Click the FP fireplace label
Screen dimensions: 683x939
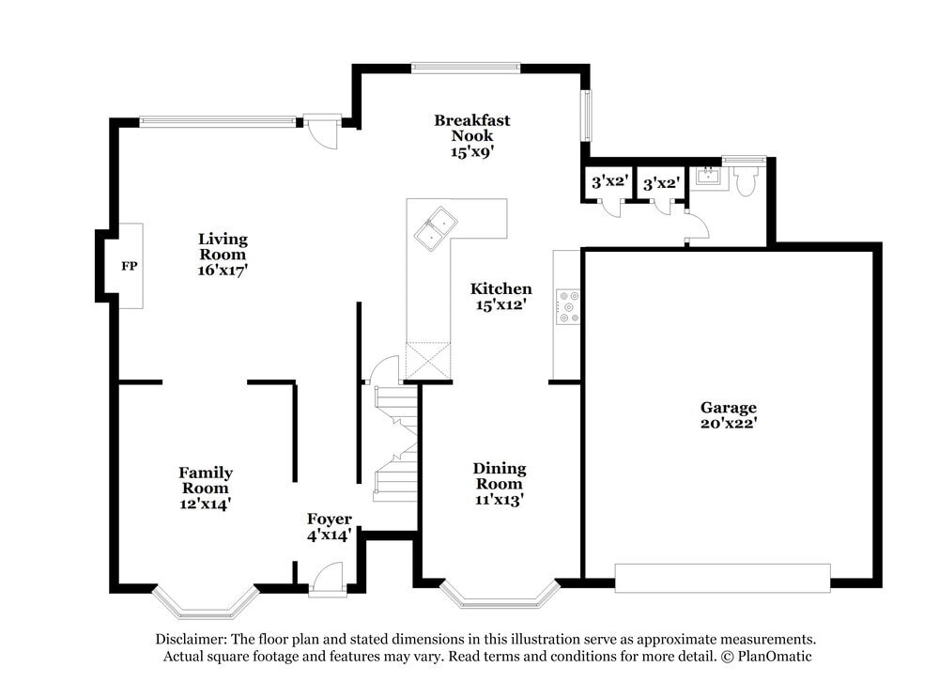tap(129, 267)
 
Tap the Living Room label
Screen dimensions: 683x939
tap(222, 246)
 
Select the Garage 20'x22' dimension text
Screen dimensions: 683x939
tap(729, 424)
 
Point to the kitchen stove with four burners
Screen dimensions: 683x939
tap(568, 306)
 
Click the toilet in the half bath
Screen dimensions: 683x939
tap(747, 180)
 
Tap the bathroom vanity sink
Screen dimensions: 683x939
tap(708, 176)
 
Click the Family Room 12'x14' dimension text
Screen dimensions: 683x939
tap(206, 504)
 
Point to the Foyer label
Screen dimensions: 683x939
tap(330, 520)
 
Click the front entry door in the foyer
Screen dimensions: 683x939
tap(328, 581)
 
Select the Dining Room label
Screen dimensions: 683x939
tap(499, 475)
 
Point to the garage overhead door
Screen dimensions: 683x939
tap(722, 577)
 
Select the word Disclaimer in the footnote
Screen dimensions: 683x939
tap(191, 639)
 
